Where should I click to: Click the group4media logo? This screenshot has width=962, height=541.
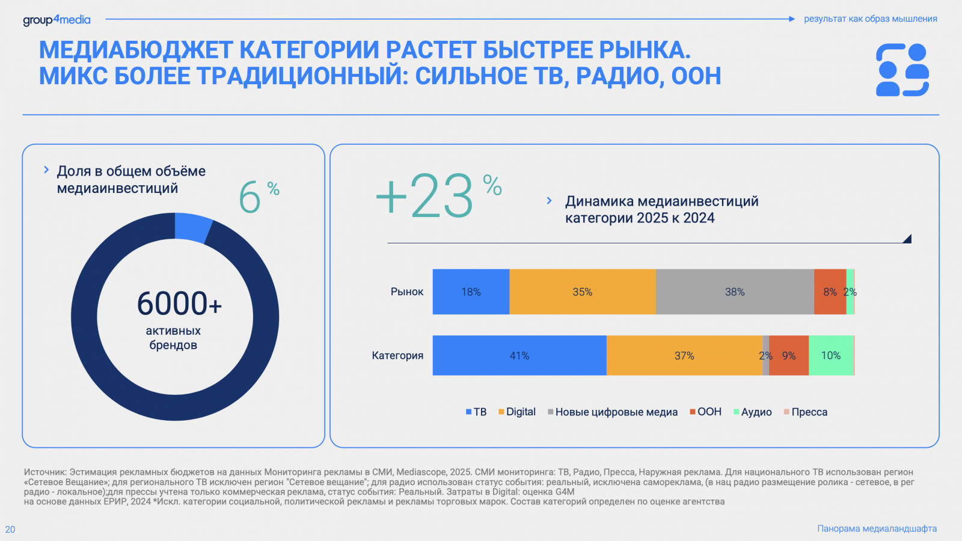57,20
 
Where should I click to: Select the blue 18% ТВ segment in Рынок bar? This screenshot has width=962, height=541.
471,292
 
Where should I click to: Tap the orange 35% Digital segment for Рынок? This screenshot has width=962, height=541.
582,292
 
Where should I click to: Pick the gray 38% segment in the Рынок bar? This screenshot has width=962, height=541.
734,292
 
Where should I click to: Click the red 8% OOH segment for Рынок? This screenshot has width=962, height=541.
830,292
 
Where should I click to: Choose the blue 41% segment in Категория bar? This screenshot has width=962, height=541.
519,355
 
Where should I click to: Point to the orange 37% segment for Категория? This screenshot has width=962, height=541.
684,355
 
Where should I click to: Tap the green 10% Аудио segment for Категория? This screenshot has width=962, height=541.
831,355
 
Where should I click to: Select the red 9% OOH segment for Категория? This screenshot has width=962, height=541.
789,355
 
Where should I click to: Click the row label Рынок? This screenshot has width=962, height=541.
407,292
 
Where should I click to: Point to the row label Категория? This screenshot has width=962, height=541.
397,355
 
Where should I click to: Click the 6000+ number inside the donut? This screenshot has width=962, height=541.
179,304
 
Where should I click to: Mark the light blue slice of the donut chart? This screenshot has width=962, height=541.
192,228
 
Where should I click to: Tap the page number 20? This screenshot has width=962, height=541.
10,530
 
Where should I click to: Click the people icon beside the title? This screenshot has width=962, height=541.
902,70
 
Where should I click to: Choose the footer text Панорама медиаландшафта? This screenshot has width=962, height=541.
877,528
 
